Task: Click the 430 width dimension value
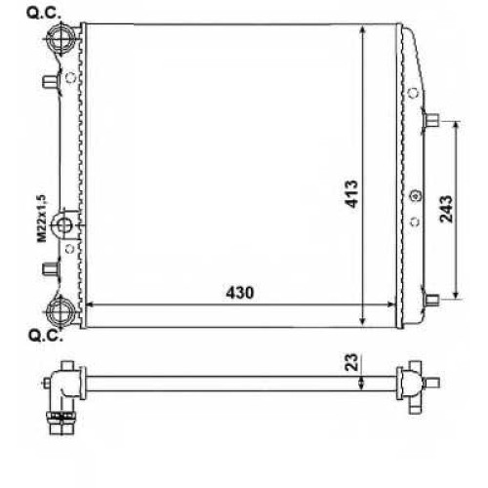[x=240, y=293]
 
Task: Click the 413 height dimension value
[x=351, y=194]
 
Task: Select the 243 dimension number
[x=446, y=209]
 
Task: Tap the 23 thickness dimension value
[x=351, y=362]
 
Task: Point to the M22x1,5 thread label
[x=42, y=219]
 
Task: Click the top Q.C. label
[x=44, y=14]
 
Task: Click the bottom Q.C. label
[x=46, y=336]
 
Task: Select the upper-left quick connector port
[x=60, y=38]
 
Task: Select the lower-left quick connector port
[x=61, y=311]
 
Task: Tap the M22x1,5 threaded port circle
[x=64, y=225]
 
